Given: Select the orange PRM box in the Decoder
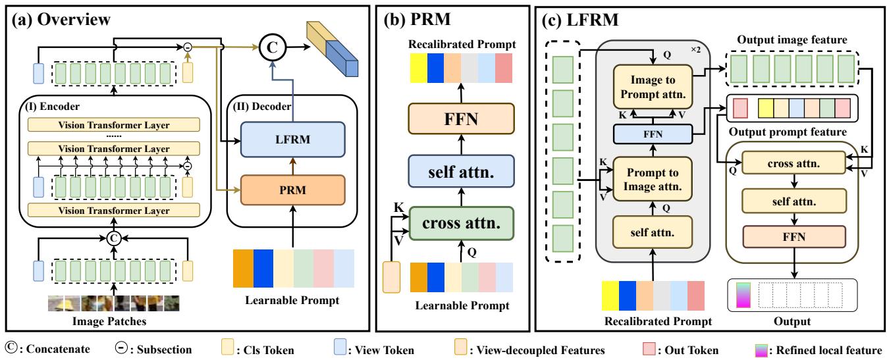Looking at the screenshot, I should click(274, 192).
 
